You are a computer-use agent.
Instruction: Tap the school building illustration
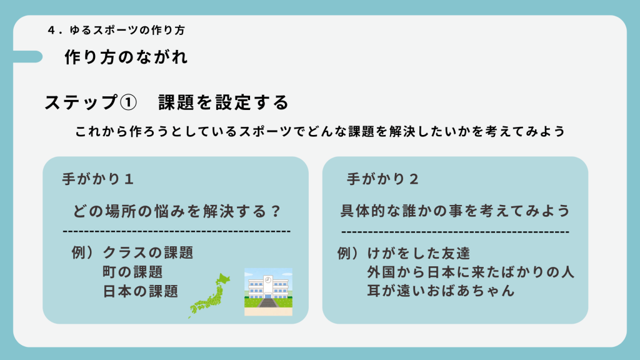268,291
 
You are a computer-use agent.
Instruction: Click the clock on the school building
268,279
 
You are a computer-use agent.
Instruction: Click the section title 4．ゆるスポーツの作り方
115,29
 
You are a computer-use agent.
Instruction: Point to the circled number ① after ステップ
127,102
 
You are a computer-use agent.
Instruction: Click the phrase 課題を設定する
223,102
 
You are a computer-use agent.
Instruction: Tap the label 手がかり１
98,179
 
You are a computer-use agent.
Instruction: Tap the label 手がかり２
382,179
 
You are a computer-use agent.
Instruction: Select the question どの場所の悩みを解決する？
177,211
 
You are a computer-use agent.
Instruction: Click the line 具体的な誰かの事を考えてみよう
455,211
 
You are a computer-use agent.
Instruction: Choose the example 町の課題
132,272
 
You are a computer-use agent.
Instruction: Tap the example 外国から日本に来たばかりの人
471,272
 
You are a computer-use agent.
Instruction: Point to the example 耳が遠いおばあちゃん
441,291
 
